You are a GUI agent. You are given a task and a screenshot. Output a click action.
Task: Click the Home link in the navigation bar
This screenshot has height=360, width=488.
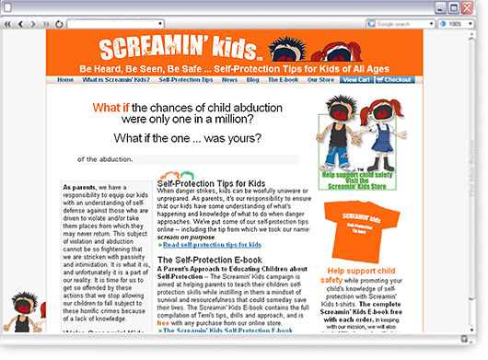[x=65, y=80]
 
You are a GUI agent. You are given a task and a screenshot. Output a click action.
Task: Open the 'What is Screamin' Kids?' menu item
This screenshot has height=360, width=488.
[x=116, y=80]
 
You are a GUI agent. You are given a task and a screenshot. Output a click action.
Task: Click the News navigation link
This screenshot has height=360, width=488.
[x=229, y=80]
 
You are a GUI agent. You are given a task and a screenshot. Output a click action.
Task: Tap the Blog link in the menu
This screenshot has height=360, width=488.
[x=253, y=80]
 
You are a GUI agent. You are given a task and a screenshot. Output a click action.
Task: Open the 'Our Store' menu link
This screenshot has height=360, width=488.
[x=320, y=80]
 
